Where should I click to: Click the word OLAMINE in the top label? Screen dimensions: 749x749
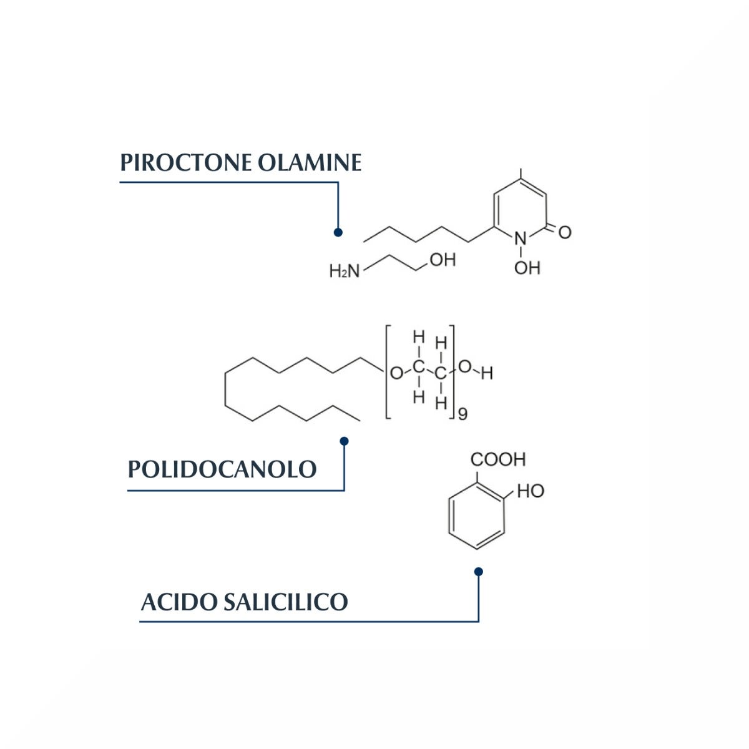(310, 162)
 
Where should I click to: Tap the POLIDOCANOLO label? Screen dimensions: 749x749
(222, 469)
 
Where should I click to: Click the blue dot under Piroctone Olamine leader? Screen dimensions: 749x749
(338, 232)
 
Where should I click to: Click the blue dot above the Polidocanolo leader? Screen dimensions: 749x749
(344, 441)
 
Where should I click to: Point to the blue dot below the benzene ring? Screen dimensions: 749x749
(479, 572)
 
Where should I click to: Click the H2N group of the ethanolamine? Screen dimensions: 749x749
(345, 272)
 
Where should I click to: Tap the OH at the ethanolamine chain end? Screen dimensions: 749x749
(443, 260)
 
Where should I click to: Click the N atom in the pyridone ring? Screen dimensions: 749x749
(521, 238)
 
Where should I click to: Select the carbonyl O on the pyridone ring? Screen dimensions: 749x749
(565, 232)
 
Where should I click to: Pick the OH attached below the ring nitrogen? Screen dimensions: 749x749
(527, 268)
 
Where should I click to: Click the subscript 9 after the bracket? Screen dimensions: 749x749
(463, 414)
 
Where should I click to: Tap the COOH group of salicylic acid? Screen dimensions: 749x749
(498, 459)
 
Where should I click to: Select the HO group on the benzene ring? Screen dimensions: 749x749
(531, 491)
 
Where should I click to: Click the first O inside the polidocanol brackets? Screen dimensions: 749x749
(396, 373)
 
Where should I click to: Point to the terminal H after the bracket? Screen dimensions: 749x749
(487, 373)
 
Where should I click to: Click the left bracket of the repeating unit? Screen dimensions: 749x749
(388, 372)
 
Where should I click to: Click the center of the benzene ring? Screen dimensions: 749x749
(476, 516)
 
